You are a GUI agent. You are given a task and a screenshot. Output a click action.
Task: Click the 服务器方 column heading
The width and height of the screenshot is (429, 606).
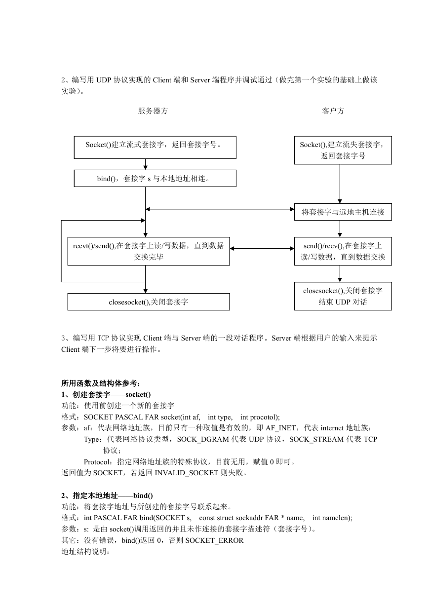coord(153,111)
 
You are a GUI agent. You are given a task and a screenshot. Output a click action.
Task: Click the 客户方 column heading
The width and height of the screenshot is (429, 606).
coord(333,111)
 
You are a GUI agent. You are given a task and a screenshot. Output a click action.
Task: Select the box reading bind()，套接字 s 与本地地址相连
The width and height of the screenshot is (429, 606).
coord(155,178)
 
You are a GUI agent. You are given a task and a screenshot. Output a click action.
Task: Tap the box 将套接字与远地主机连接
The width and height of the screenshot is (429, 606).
coord(343,212)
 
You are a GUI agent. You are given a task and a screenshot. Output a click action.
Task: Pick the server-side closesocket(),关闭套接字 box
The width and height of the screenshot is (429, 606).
coord(149,302)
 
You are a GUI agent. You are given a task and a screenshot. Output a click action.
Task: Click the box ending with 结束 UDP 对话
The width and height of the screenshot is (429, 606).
coord(343,296)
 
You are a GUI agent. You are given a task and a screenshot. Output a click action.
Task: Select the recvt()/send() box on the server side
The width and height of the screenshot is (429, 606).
coord(149,251)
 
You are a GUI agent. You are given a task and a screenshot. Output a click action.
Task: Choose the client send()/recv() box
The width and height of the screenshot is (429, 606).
coord(343,251)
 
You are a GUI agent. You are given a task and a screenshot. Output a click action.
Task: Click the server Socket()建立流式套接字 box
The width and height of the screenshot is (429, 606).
coord(155,148)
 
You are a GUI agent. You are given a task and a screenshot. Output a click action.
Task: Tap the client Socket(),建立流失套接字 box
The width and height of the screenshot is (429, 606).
coord(343,150)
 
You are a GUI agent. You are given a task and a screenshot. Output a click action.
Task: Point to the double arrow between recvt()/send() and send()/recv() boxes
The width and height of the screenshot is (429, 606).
coord(262,248)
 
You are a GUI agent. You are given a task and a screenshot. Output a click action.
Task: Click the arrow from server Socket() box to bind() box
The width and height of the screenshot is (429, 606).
coord(145,164)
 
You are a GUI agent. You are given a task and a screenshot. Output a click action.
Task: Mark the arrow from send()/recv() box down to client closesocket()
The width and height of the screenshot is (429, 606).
coord(340,273)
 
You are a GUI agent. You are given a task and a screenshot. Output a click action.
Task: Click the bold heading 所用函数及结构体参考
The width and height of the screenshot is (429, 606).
coord(101,383)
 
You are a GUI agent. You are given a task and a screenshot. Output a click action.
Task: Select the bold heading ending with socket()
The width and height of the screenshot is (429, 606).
coord(106,394)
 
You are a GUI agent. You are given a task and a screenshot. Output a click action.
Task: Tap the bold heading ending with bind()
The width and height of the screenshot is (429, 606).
coord(107,495)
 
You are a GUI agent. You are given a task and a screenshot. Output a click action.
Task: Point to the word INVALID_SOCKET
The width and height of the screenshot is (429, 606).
coord(187,473)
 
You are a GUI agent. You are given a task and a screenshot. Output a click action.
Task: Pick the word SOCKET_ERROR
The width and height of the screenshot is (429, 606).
coord(214,540)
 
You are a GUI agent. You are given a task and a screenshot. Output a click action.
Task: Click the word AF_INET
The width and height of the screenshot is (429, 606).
coord(281,428)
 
